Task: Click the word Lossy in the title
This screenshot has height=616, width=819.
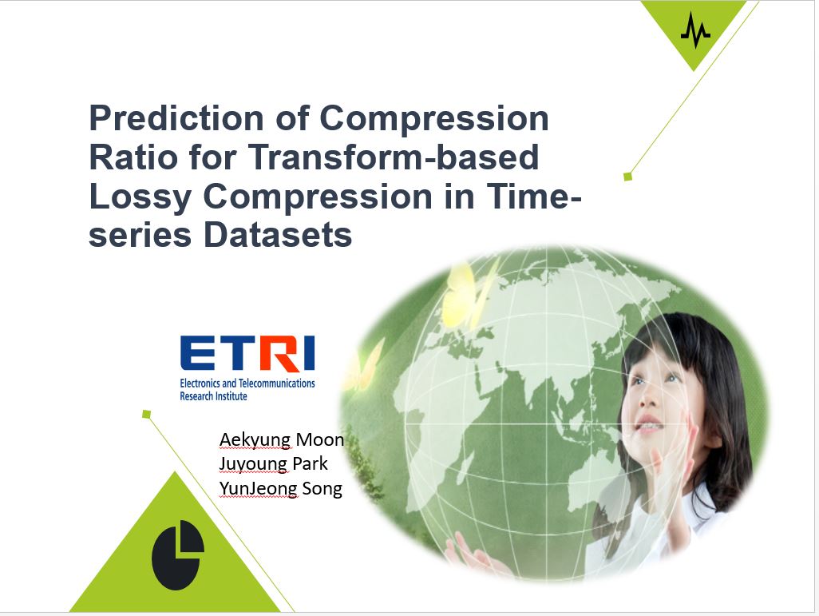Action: click(x=140, y=197)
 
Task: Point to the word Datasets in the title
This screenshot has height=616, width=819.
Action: click(x=278, y=235)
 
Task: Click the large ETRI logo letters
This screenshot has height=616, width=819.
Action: click(x=247, y=353)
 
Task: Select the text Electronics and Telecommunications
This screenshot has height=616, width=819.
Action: click(x=247, y=384)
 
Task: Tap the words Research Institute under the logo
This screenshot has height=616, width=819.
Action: click(x=214, y=396)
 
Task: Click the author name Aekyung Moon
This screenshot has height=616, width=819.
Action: click(x=282, y=439)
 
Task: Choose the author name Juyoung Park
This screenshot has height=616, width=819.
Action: click(x=273, y=464)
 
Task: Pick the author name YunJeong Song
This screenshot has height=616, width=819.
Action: click(x=281, y=488)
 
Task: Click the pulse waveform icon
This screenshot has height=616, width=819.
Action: click(x=695, y=30)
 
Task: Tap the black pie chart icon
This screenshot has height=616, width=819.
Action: click(x=177, y=554)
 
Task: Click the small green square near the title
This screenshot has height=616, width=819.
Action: click(x=628, y=177)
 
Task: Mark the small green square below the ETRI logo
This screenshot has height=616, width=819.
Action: click(x=146, y=414)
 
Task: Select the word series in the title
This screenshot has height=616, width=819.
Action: click(x=140, y=235)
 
